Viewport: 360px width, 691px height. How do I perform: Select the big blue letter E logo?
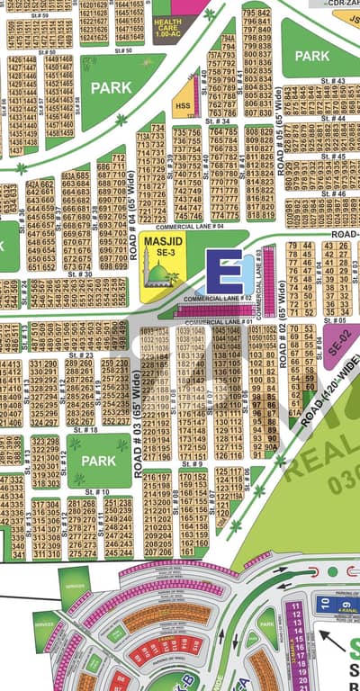pyautogui.click(x=223, y=273)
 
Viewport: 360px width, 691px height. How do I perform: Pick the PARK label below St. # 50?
pyautogui.click(x=111, y=88)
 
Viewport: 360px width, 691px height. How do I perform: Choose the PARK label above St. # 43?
pyautogui.click(x=311, y=56)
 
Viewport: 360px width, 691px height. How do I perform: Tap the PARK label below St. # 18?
pyautogui.click(x=98, y=460)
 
